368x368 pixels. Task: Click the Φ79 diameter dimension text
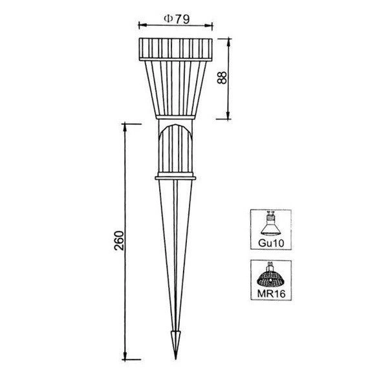tap(176, 19)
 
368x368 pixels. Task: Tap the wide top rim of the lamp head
tap(175, 49)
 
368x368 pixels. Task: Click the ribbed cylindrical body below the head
tap(175, 149)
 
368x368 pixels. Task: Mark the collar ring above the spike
tap(175, 176)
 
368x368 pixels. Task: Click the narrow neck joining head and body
tap(175, 121)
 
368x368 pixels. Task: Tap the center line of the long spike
tap(175, 259)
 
